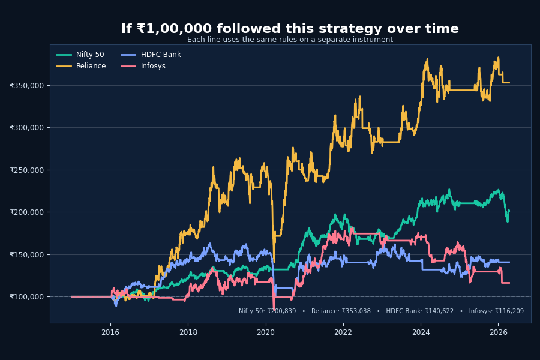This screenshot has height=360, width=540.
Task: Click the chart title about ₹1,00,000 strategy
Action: (x=290, y=29)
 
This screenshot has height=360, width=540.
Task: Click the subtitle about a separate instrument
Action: (x=290, y=40)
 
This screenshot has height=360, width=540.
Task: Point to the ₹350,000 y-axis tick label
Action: (x=26, y=85)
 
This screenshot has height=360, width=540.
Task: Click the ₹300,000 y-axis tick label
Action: (x=26, y=127)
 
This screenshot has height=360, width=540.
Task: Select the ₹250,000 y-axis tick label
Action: (x=26, y=170)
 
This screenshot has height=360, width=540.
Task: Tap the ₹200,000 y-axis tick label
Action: (x=26, y=212)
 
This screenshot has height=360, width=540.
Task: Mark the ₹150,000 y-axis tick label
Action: (x=26, y=254)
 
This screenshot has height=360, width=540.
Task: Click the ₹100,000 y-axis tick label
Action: (x=26, y=296)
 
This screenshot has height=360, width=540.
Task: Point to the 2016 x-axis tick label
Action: (x=110, y=332)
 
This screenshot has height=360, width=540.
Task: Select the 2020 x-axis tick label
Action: (x=266, y=332)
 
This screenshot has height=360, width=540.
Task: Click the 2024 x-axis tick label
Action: (x=421, y=332)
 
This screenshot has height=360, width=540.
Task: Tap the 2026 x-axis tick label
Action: (x=498, y=332)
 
